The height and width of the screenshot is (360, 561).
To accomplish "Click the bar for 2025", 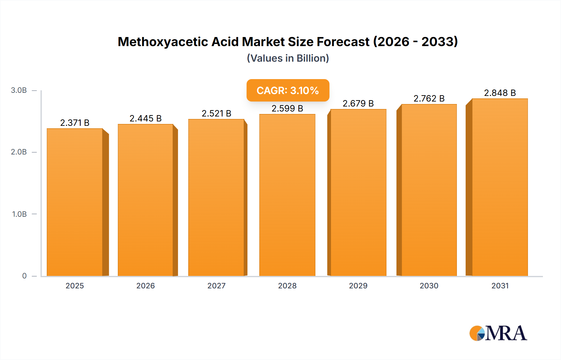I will pyautogui.click(x=75, y=202).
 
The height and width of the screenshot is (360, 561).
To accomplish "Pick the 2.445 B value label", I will pyautogui.click(x=146, y=119).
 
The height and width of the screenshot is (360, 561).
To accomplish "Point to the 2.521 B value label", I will pyautogui.click(x=216, y=114).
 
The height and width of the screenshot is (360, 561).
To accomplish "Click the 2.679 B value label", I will pyautogui.click(x=358, y=103).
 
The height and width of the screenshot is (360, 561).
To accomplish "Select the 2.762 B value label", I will pyautogui.click(x=429, y=99).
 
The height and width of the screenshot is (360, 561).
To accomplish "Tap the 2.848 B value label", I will pyautogui.click(x=500, y=93).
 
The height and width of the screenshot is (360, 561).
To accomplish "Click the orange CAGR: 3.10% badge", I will pyautogui.click(x=288, y=90).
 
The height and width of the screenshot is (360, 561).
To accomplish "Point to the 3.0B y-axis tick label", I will pyautogui.click(x=19, y=90).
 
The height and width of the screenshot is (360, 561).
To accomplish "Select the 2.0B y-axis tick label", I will pyautogui.click(x=19, y=152).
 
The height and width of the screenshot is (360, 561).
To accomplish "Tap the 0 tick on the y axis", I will pyautogui.click(x=24, y=276).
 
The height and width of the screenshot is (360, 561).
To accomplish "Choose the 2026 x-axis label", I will pyautogui.click(x=146, y=286).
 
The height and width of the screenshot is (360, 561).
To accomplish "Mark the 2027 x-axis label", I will pyautogui.click(x=216, y=286).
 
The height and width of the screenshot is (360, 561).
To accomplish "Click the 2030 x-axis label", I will pyautogui.click(x=429, y=286).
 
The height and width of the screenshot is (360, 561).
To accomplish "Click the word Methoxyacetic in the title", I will pyautogui.click(x=163, y=42).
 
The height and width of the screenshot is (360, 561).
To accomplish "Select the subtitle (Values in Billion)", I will pyautogui.click(x=288, y=58).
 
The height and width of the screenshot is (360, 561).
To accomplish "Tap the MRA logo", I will pyautogui.click(x=498, y=333).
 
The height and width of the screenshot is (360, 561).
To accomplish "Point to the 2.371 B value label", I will pyautogui.click(x=75, y=123).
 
